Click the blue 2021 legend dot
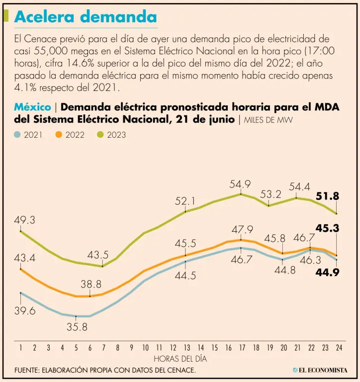click(18, 135)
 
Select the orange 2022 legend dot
click(59, 135)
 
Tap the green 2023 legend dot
click(100, 135)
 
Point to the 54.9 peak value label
click(240, 185)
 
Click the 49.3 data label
click(24, 220)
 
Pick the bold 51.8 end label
click(328, 196)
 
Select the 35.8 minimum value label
click(77, 327)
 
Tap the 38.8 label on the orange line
click(91, 285)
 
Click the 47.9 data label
click(242, 230)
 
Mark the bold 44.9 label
click(328, 272)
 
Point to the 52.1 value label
click(185, 201)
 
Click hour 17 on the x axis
click(242, 348)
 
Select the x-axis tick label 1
click(20, 348)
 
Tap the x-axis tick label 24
click(338, 348)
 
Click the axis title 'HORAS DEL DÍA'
click(180, 358)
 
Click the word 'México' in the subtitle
click(32, 107)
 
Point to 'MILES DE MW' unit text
click(268, 120)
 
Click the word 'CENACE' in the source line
click(179, 370)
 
